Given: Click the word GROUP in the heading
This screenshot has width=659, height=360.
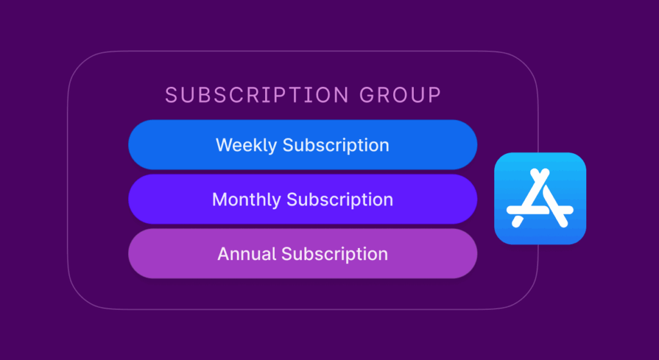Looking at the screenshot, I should pos(400,95).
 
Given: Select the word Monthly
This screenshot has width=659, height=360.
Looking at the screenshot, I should pos(246,200).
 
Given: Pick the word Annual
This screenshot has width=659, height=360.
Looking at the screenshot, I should pos(246,254).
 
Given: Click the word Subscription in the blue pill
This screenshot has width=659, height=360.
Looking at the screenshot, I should pos(336,146).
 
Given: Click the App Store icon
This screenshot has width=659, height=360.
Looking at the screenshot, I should pos(540,198).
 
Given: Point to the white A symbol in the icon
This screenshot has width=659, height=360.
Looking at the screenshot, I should pos(540,197).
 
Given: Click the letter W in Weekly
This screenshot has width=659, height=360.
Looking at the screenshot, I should pos(223,145).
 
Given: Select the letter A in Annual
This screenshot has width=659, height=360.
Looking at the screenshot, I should pos(223,254).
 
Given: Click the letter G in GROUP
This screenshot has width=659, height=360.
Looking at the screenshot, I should pos(366,95).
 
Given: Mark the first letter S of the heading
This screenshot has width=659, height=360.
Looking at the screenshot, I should pos(171,95).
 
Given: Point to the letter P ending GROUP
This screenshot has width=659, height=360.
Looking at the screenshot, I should pos(435,95).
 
